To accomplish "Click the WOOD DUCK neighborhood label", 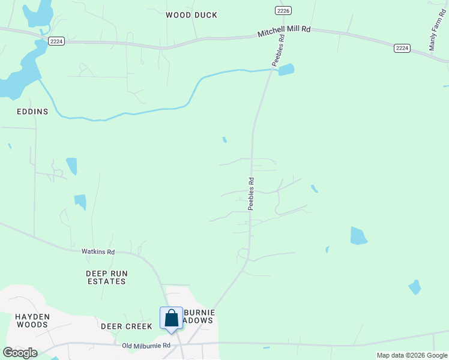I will (x=191, y=15).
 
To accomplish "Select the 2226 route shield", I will (x=283, y=11).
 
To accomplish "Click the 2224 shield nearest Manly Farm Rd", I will (x=402, y=48).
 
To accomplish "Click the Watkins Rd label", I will (x=98, y=252).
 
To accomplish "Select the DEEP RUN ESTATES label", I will (x=106, y=277).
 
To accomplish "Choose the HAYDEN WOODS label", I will (x=32, y=320).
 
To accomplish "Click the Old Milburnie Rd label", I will (x=146, y=346).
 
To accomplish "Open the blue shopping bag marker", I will (x=171, y=319).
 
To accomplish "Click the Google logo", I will (x=20, y=353).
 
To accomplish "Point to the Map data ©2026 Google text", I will (x=412, y=355).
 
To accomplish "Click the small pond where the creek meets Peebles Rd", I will (x=286, y=70).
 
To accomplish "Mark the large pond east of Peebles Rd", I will (x=358, y=236).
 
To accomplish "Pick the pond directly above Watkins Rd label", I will (x=80, y=202).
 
